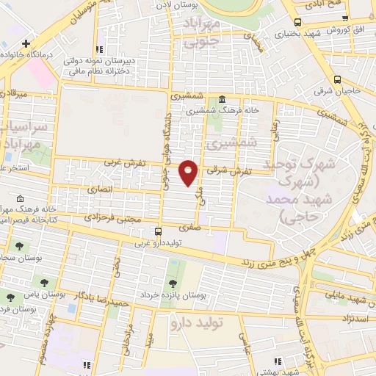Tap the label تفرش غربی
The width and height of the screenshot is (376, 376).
[121, 162]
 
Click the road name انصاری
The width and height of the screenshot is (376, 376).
[102, 188]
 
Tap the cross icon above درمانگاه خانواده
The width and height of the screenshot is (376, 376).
[26, 43]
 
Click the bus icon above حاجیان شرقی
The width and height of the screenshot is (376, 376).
[337, 79]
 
